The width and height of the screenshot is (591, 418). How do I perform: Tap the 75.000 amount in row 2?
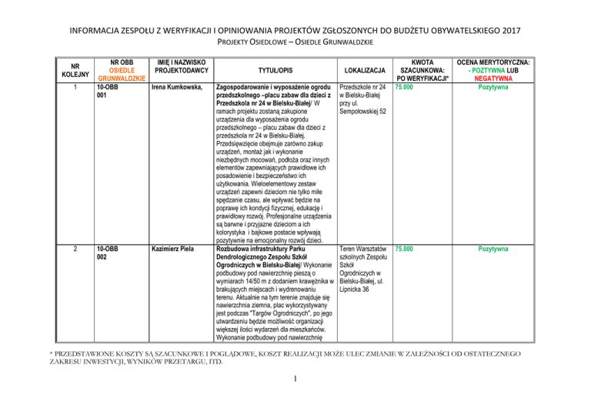[404, 249]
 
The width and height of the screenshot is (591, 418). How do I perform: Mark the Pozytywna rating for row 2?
[492, 249]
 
